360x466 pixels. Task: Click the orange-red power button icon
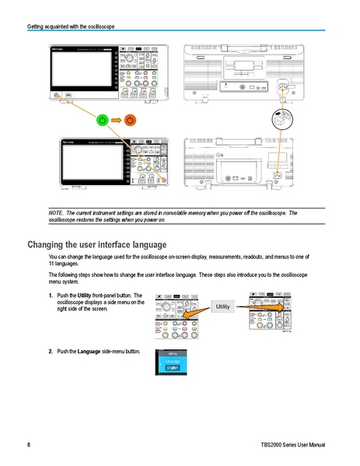tap(130, 120)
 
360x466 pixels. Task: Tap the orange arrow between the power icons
tap(115, 120)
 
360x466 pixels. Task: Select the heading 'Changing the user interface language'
tap(97, 244)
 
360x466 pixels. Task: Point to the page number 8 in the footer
tap(29, 445)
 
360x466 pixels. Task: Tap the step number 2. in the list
tap(51, 351)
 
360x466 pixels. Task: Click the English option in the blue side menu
tap(173, 368)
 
